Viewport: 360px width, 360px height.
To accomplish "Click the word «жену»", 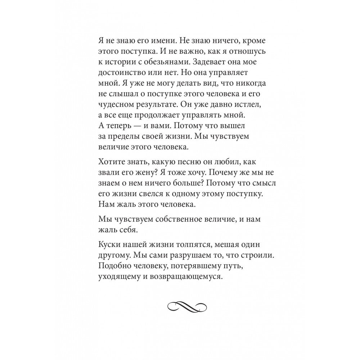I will (148, 172).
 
